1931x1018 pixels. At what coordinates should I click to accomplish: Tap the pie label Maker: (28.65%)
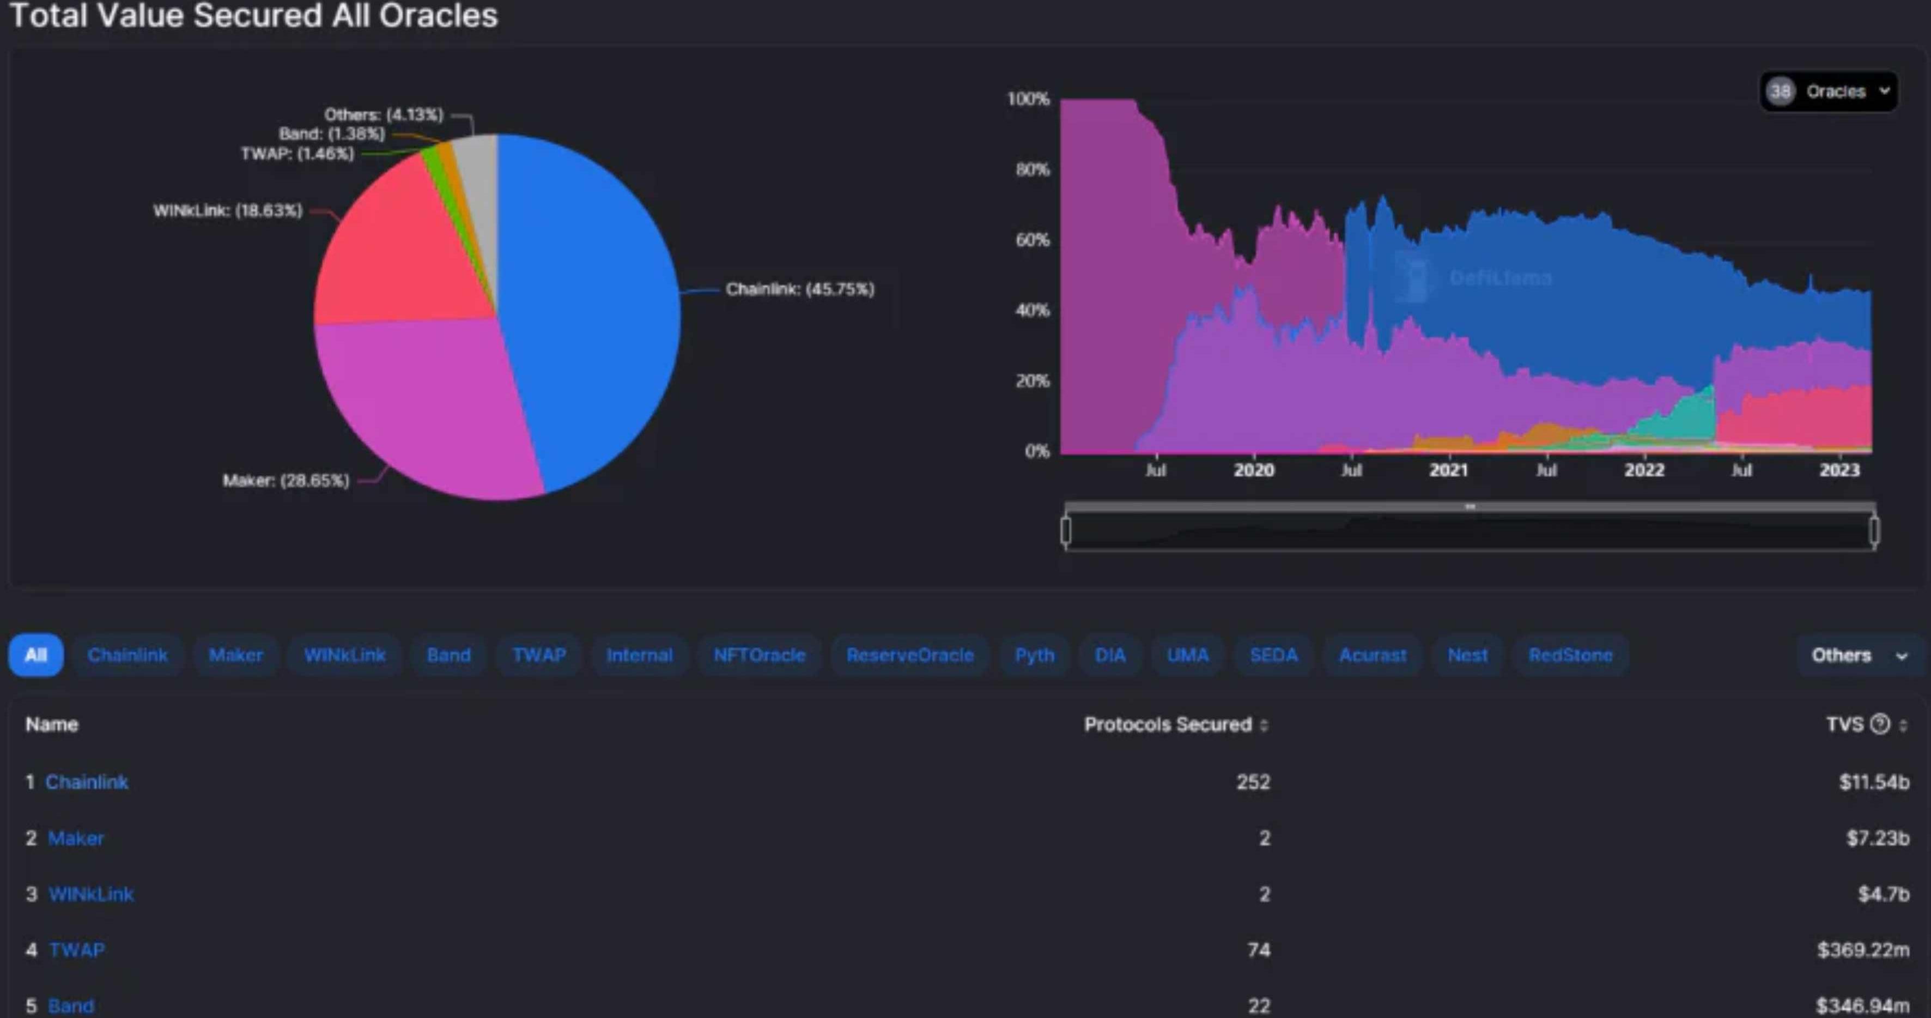tap(286, 481)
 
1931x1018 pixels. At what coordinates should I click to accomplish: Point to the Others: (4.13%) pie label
tap(383, 114)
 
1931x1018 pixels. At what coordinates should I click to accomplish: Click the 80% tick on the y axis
tap(1032, 169)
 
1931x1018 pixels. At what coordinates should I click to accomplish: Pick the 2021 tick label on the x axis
tap(1448, 470)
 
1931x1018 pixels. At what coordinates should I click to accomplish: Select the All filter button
tap(36, 655)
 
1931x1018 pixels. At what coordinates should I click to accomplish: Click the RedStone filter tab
tap(1570, 655)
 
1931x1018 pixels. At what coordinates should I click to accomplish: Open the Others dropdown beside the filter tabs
tap(1857, 655)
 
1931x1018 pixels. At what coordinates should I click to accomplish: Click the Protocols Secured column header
tap(1168, 724)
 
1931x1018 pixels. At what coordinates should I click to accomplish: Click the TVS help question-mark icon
tap(1879, 724)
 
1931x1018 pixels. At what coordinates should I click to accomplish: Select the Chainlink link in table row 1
tap(87, 782)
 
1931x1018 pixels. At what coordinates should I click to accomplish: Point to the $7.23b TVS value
tap(1877, 838)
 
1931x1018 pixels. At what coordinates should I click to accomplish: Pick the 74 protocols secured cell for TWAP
tap(1259, 950)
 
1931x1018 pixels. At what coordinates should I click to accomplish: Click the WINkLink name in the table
tap(90, 894)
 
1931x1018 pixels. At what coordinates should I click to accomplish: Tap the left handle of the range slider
tap(1066, 531)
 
